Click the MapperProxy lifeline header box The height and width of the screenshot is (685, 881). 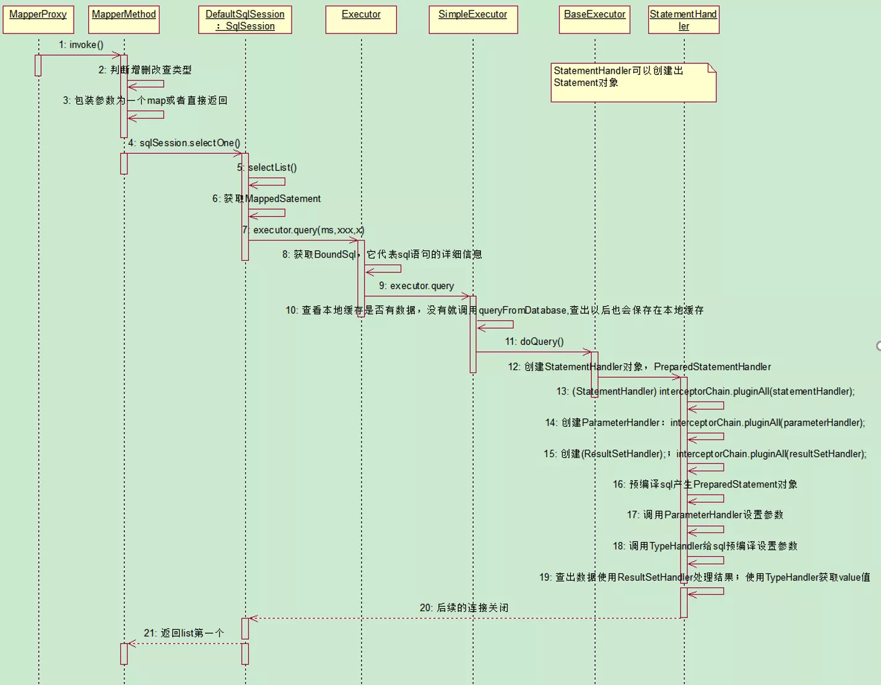[x=38, y=20]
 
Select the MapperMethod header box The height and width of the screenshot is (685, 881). [x=124, y=20]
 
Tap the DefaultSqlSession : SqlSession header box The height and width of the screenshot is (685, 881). [x=245, y=20]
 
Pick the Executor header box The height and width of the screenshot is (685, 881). [x=361, y=20]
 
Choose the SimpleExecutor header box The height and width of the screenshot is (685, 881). [x=473, y=20]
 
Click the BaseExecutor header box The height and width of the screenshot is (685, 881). [x=595, y=20]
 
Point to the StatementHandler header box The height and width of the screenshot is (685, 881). [x=684, y=20]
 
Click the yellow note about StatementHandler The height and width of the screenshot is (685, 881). [x=633, y=82]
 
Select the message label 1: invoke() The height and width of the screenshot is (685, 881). [x=81, y=45]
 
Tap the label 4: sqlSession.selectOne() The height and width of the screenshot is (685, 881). [x=184, y=143]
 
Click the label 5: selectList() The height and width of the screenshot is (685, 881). [x=267, y=168]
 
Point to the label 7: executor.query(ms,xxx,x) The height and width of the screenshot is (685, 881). [x=303, y=230]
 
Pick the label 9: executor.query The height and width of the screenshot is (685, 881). [x=416, y=286]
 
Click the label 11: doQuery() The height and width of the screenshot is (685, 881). [x=534, y=342]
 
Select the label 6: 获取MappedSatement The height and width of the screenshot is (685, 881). [x=266, y=199]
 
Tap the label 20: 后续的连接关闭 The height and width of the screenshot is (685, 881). [x=464, y=608]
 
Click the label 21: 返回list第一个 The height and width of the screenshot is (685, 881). [x=184, y=633]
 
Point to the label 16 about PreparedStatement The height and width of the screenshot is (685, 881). [x=705, y=484]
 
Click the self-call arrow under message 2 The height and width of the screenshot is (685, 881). [x=146, y=84]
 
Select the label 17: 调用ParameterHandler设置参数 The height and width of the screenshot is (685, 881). [x=705, y=515]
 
